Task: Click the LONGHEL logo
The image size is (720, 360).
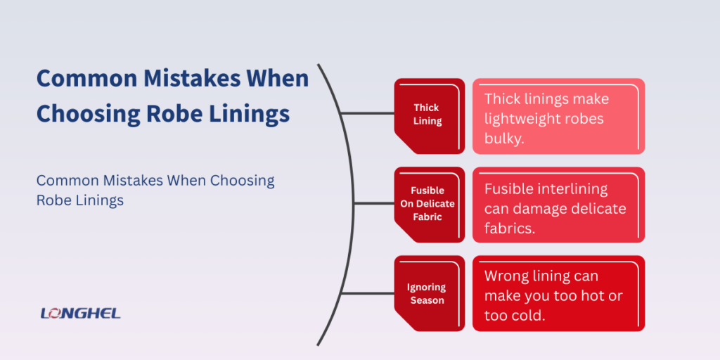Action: (81, 313)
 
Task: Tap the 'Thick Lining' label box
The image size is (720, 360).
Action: (429, 115)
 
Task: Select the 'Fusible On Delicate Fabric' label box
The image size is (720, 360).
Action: (429, 204)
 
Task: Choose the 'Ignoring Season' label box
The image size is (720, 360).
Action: (429, 293)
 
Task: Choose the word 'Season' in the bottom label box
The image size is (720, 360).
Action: (427, 300)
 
